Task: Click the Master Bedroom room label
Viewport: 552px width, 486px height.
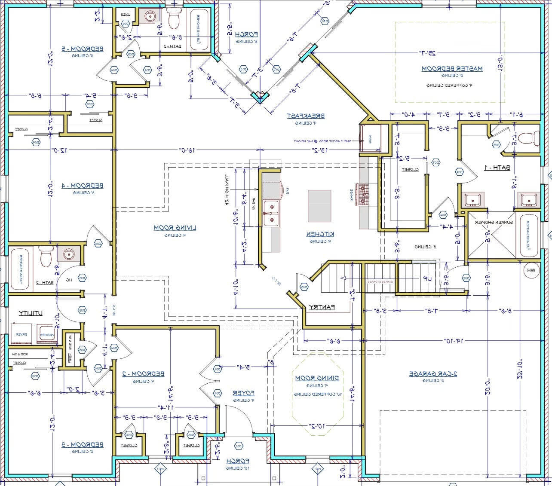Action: click(x=452, y=69)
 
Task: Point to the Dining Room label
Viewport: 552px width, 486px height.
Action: click(x=317, y=378)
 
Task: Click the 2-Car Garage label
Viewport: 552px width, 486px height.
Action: click(x=432, y=374)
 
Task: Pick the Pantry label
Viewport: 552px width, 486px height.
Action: click(x=322, y=308)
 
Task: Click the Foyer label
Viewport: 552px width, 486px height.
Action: click(x=244, y=393)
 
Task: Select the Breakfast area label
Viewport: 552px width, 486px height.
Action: click(x=306, y=116)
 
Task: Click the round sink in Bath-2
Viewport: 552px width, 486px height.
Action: click(x=68, y=254)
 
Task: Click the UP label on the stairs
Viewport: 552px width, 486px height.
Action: click(x=427, y=279)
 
